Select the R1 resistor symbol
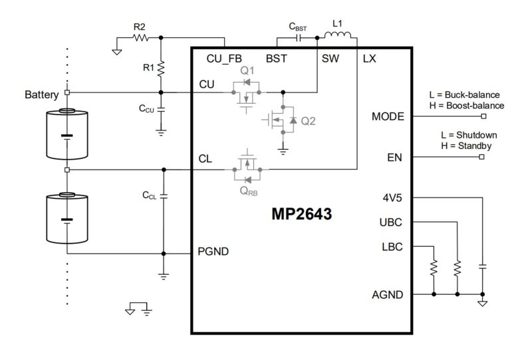(x=161, y=67)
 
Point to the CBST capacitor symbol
(x=299, y=38)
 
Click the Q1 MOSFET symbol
(x=247, y=93)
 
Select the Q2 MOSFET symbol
(x=279, y=120)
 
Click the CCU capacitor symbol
(x=161, y=108)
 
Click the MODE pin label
(x=388, y=116)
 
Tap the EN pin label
(x=395, y=158)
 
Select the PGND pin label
(x=213, y=252)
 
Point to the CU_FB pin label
(x=224, y=59)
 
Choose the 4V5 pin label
(x=394, y=198)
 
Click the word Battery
(x=41, y=94)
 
